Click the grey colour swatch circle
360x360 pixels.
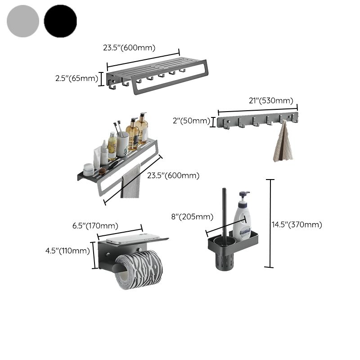(23, 21)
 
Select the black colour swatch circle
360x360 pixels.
(60, 21)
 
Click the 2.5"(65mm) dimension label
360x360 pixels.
(76, 78)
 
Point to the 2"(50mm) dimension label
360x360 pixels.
(190, 121)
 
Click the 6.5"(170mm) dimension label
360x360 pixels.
(95, 225)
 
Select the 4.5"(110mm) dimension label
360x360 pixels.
(67, 251)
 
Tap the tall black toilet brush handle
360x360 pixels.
(225, 211)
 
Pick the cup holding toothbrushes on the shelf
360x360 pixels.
(122, 143)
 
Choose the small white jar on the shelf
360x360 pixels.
(89, 169)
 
